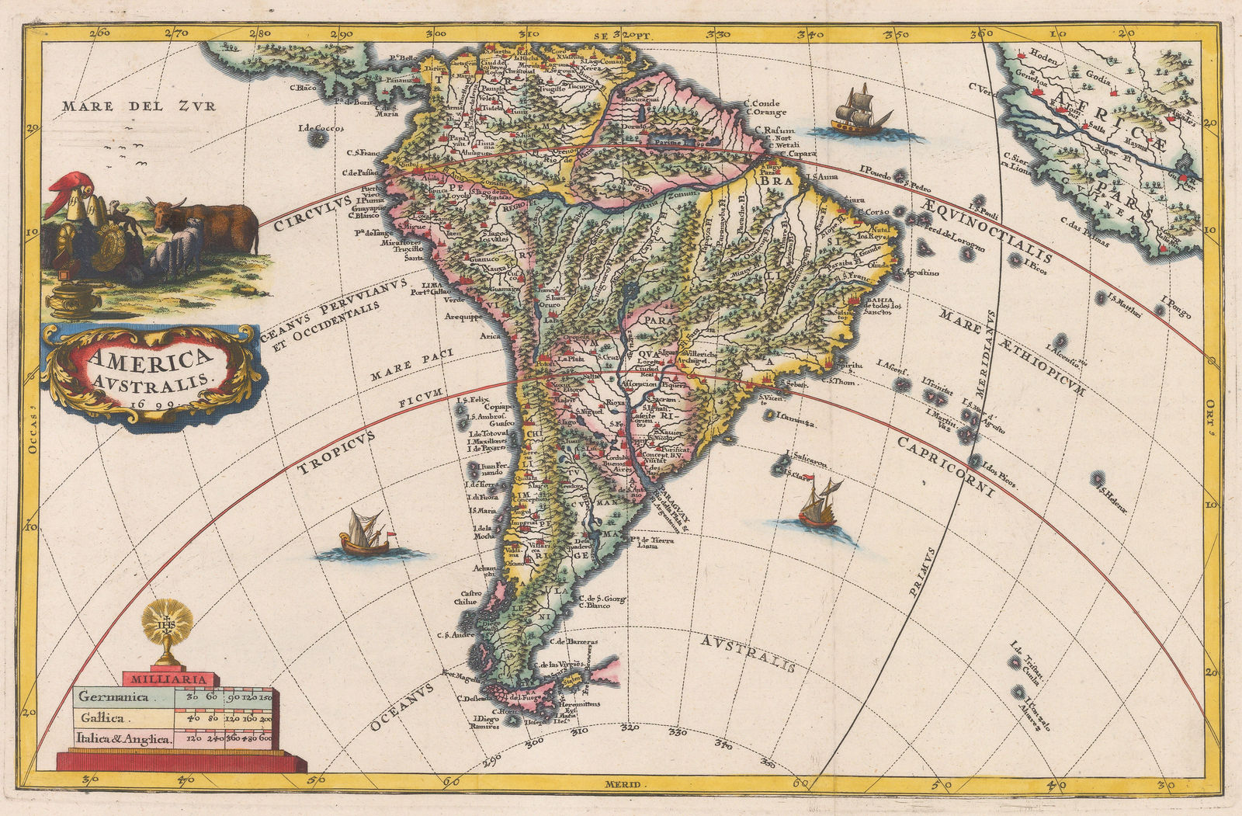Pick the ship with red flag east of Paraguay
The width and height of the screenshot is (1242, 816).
pyautogui.click(x=819, y=505)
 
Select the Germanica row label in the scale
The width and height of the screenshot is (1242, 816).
pyautogui.click(x=113, y=697)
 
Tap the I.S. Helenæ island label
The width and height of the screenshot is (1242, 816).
pyautogui.click(x=1112, y=491)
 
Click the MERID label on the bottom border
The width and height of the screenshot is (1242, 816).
pyautogui.click(x=626, y=785)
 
